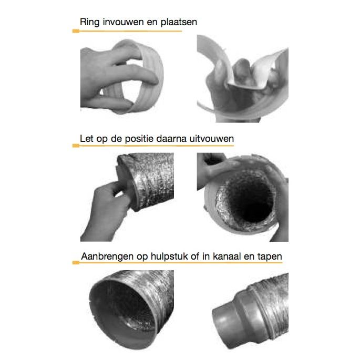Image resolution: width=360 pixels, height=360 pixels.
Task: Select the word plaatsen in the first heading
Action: (179, 22)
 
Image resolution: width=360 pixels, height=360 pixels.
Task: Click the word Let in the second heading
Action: (87, 139)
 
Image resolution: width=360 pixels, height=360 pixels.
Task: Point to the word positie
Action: (139, 139)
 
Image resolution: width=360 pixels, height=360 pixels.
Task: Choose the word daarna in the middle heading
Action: (171, 139)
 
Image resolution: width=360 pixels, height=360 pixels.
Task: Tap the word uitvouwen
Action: (212, 139)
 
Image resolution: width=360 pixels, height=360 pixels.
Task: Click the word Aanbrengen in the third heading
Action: (108, 256)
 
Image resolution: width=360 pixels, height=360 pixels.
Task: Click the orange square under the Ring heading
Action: (76, 31)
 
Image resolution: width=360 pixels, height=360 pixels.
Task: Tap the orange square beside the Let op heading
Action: (76, 146)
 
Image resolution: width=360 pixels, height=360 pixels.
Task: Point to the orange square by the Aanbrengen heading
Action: (76, 263)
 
